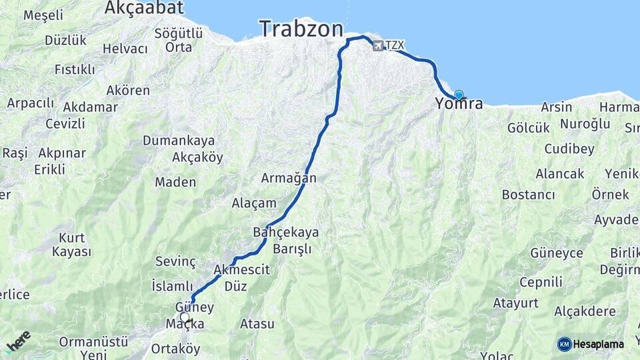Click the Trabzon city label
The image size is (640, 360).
pyautogui.click(x=301, y=29)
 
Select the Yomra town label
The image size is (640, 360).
pyautogui.click(x=459, y=104)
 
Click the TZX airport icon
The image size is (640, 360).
pyautogui.click(x=379, y=45)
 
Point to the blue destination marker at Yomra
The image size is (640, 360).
pyautogui.click(x=459, y=95)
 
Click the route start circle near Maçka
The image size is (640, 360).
pyautogui.click(x=185, y=317)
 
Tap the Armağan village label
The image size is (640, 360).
pyautogui.click(x=288, y=179)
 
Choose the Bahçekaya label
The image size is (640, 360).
pyautogui.click(x=286, y=232)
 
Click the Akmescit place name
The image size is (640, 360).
pyautogui.click(x=241, y=270)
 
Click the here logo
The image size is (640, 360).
pyautogui.click(x=18, y=341)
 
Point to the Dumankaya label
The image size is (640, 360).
pyautogui.click(x=179, y=141)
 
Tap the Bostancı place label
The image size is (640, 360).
pyautogui.click(x=528, y=195)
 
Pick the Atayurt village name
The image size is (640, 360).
pyautogui.click(x=515, y=303)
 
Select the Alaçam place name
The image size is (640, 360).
pyautogui.click(x=253, y=203)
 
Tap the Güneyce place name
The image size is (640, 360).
pyautogui.click(x=557, y=253)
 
